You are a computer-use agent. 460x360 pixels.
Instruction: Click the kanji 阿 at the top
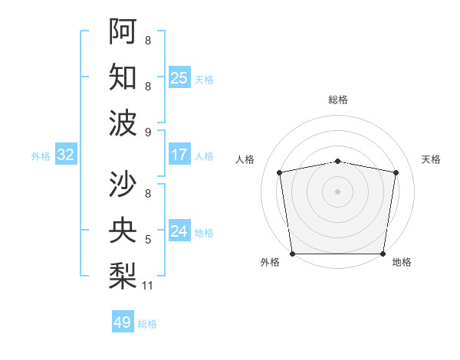click(122, 31)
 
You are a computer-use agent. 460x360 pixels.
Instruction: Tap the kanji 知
click(122, 77)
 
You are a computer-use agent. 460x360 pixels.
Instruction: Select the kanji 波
click(122, 123)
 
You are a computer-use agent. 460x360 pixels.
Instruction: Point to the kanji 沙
click(122, 183)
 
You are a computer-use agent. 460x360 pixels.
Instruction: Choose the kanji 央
click(122, 229)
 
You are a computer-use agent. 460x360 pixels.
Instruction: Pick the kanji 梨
click(122, 275)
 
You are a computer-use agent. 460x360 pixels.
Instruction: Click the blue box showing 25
click(179, 77)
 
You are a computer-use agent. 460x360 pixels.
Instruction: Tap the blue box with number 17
click(179, 155)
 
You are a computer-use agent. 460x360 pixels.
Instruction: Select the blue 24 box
click(179, 231)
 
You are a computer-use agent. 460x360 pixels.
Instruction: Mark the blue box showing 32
click(66, 155)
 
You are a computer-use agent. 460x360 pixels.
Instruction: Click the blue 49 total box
click(123, 322)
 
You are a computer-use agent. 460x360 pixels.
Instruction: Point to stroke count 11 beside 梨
click(148, 286)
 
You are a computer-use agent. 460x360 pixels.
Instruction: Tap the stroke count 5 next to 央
click(148, 240)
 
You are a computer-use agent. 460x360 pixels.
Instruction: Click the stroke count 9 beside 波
click(148, 133)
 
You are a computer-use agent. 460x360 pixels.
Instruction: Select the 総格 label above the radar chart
click(338, 100)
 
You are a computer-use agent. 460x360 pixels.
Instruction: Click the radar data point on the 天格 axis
click(396, 172)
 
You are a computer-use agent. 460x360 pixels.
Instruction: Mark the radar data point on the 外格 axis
click(293, 254)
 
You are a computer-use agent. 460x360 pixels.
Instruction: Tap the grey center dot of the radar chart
click(338, 191)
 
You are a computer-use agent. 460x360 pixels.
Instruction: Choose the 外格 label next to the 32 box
click(41, 156)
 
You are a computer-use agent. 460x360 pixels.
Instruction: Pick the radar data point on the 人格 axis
click(280, 172)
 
